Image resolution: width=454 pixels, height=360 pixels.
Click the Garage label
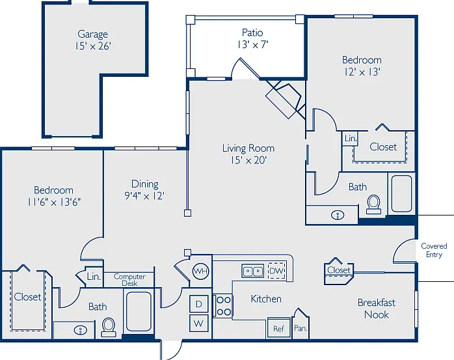click(92, 35)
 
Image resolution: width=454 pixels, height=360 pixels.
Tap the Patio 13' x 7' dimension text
click(253, 45)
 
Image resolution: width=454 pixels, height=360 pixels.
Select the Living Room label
click(248, 148)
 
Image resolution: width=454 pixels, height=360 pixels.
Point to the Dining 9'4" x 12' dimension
click(144, 196)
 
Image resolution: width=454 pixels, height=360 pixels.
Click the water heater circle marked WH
click(200, 271)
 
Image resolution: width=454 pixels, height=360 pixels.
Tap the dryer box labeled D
click(198, 304)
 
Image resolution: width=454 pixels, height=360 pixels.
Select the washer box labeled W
click(198, 323)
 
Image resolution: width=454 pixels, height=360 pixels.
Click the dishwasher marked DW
click(277, 271)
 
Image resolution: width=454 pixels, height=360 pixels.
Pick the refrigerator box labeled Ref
click(279, 328)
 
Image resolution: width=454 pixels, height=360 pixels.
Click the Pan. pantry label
click(300, 328)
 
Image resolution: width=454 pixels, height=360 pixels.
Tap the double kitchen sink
click(253, 271)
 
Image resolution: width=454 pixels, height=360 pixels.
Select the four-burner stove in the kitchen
click(223, 306)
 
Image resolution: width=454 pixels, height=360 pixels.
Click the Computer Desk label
click(129, 280)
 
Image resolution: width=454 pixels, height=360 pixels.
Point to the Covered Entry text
click(434, 250)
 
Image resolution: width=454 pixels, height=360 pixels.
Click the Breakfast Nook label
click(377, 309)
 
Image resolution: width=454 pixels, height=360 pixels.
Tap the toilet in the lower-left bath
click(109, 327)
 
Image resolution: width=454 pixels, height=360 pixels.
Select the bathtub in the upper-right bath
click(401, 193)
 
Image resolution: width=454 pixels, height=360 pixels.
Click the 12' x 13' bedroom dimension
click(362, 72)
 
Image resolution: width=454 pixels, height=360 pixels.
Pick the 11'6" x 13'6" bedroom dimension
click(54, 202)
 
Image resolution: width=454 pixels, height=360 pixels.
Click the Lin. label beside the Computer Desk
click(94, 277)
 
